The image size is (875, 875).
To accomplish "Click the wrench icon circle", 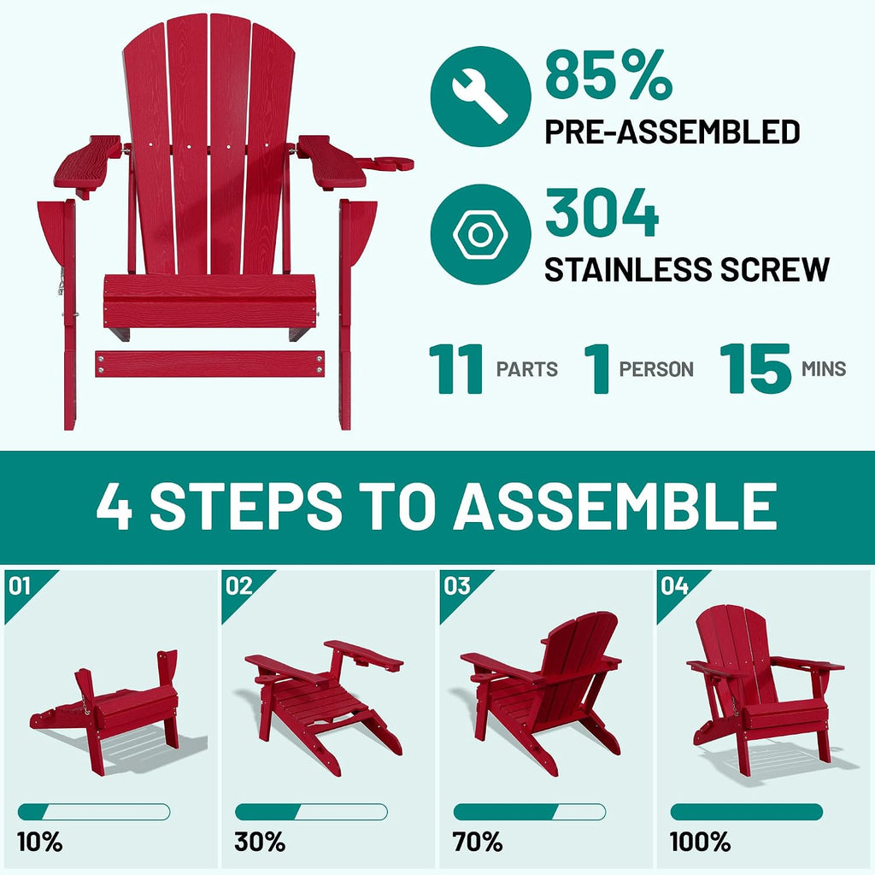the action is pos(480,97).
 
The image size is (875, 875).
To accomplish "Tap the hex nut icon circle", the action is pos(480,234).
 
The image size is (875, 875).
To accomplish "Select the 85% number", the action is pos(608,75).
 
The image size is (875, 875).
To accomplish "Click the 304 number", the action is pos(602,213).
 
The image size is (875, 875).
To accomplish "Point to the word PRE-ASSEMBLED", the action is pos(672,132).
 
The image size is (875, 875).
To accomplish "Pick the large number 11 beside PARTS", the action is pos(456,369).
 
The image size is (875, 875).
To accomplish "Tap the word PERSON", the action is pos(656,369).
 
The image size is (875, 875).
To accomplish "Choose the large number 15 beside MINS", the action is pos(755,369).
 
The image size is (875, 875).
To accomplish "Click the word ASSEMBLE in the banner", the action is pos(615,506).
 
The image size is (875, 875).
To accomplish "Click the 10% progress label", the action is pos(39,842).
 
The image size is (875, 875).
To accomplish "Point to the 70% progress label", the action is pos(477,842).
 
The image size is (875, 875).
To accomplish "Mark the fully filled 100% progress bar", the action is pos(746,812).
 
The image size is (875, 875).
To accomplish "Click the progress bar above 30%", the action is pos(311,812).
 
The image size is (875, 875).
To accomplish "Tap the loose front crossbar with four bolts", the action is pos(210,364).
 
